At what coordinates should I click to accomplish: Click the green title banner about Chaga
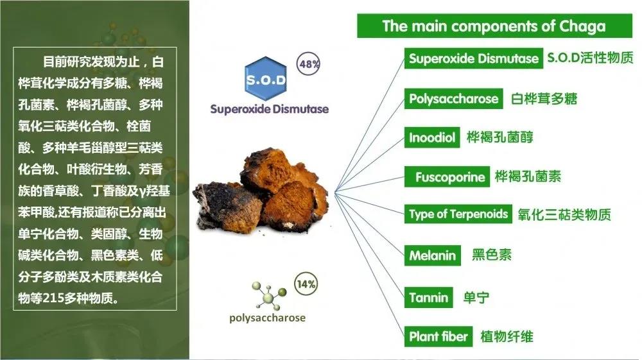[x=494, y=26]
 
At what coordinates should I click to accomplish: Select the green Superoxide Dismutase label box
[x=474, y=58]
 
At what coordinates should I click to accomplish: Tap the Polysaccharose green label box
[x=454, y=99]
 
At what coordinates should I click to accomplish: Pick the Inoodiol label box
[x=432, y=137]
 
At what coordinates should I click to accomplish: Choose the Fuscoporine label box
[x=447, y=176]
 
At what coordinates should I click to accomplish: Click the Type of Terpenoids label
[x=458, y=214]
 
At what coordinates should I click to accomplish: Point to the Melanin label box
[x=432, y=255]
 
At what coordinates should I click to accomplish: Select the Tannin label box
[x=429, y=297]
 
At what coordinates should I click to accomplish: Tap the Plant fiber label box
[x=438, y=336]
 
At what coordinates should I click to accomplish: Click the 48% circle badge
[x=308, y=64]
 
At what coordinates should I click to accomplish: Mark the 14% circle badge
[x=306, y=284]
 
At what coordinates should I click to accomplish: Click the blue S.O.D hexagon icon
[x=266, y=79]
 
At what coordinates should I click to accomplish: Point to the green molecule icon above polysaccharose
[x=268, y=295]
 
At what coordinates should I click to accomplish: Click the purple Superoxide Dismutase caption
[x=270, y=109]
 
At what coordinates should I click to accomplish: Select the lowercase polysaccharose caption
[x=267, y=318]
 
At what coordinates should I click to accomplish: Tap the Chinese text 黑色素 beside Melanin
[x=492, y=255]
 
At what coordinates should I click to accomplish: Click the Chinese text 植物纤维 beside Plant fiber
[x=507, y=337]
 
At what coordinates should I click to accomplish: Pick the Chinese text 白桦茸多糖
[x=544, y=99]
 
